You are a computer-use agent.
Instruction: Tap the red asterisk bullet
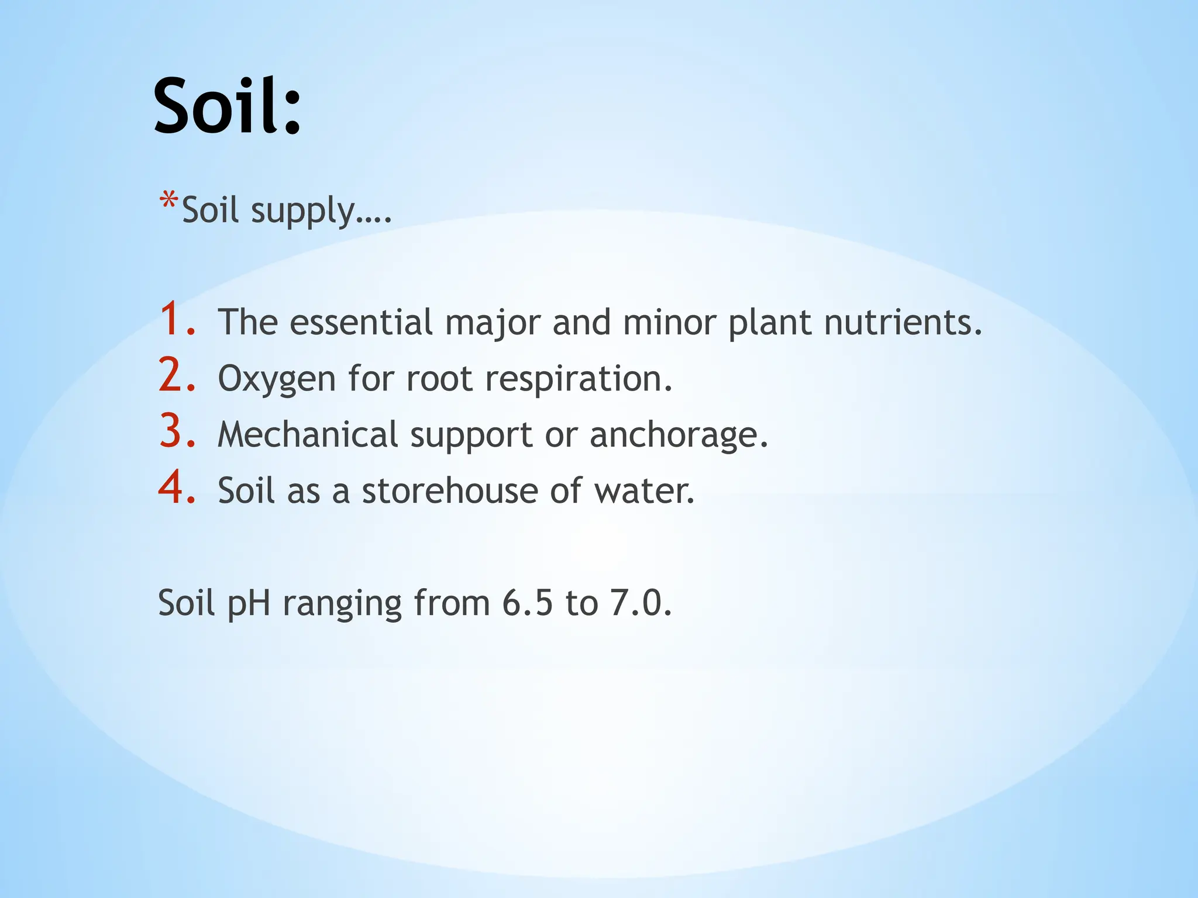click(x=168, y=202)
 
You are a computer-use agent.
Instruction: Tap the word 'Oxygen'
click(x=276, y=379)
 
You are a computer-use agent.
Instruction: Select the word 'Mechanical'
click(x=308, y=435)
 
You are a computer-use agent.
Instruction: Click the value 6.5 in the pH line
click(x=526, y=603)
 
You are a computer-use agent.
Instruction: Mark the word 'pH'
click(x=249, y=604)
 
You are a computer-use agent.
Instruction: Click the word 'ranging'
click(x=342, y=604)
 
